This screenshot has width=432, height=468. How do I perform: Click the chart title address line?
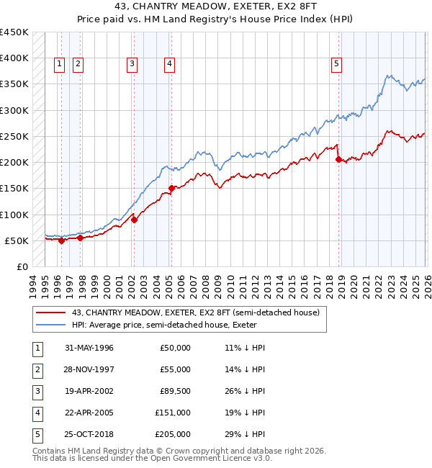215,6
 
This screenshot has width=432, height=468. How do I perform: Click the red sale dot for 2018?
338,160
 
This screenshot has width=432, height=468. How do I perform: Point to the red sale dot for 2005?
171,189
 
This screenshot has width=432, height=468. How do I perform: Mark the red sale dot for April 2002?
134,220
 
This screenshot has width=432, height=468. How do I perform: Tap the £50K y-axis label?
17,240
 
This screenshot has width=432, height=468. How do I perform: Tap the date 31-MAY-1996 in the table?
89,348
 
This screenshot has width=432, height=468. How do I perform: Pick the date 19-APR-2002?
89,391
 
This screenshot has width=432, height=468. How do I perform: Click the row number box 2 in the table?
37,369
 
